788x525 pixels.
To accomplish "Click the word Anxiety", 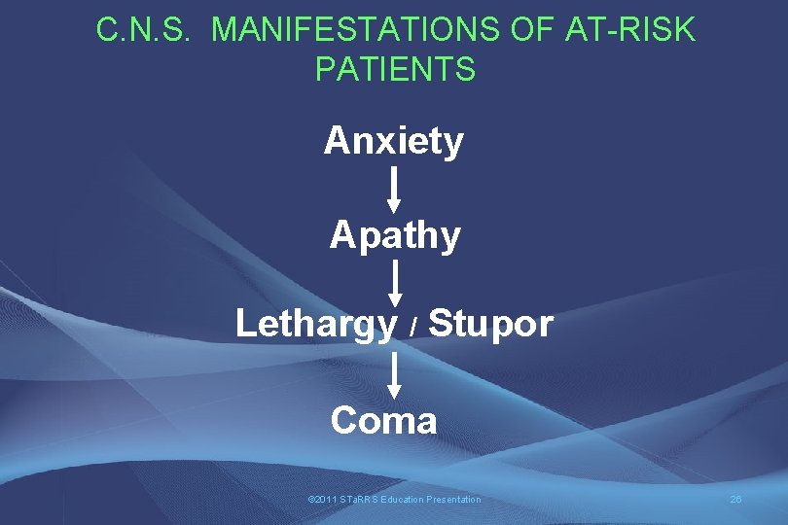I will point(394,142).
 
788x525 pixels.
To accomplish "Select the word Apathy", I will point(395,235).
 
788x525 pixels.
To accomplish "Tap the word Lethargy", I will point(316,325).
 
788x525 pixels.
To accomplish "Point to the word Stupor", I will point(490,325).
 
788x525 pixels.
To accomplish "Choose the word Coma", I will point(383,421).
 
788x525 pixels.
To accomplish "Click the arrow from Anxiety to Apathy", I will point(394,189).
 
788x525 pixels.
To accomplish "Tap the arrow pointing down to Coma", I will point(394,374).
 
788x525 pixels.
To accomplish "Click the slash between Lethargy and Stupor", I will point(413,329).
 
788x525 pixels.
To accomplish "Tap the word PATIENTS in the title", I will point(395,69).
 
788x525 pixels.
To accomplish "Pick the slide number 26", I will point(735,500).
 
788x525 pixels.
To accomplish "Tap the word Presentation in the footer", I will point(455,500).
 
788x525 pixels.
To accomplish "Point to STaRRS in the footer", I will point(357,500).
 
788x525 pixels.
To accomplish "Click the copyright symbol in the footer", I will point(310,500).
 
